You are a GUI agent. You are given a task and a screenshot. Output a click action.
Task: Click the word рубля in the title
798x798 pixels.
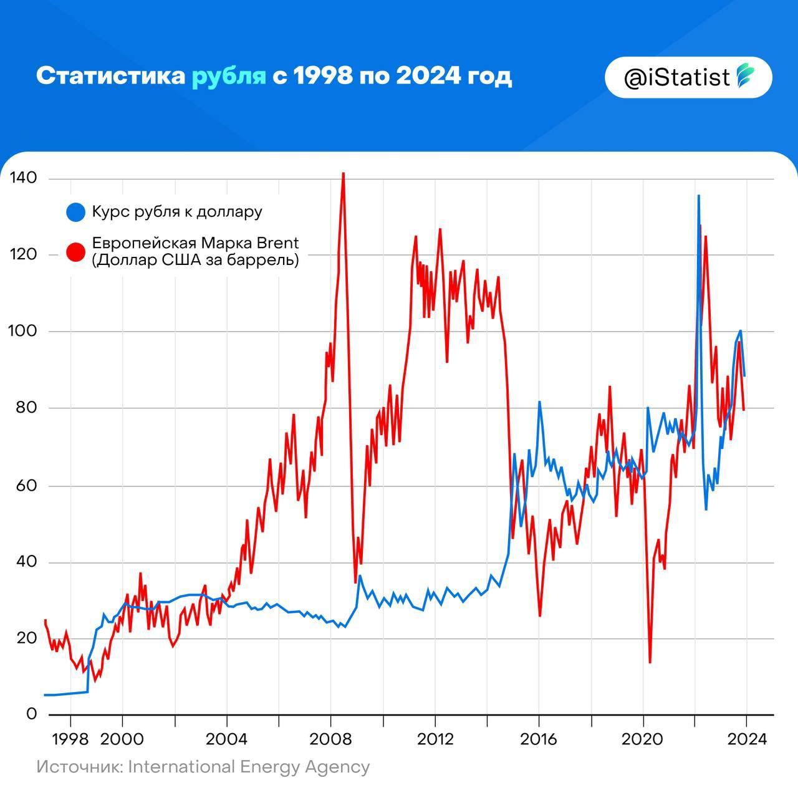(228, 76)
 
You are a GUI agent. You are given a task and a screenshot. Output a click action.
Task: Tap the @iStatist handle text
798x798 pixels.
(676, 77)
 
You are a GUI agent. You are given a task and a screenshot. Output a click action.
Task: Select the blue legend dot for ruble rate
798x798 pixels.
(75, 212)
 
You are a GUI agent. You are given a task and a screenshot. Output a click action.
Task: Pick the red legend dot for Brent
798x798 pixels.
(75, 252)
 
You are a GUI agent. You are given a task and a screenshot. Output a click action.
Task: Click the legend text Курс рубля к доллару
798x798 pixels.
(177, 212)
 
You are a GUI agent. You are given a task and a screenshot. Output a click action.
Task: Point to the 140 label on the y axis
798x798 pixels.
(23, 178)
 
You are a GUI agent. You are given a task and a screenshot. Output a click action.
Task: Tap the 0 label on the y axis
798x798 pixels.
(31, 714)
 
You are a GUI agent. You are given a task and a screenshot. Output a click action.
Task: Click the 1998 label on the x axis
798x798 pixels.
(70, 739)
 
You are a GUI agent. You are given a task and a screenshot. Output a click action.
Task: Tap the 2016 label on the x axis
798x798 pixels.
(540, 739)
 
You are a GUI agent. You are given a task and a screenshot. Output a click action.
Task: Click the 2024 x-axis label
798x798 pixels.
(747, 739)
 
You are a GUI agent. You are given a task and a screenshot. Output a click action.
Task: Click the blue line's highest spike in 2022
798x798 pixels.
(698, 196)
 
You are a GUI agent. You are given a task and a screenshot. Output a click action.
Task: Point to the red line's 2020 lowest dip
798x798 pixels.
(650, 662)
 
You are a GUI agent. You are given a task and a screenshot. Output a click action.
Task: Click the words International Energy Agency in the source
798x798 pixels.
(248, 767)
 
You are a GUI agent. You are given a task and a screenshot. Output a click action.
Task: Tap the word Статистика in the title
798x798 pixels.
(110, 76)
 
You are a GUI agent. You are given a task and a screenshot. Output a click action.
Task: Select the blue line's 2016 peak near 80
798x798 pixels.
(539, 402)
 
